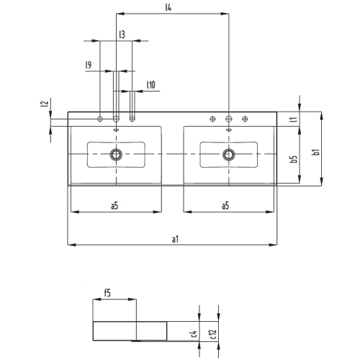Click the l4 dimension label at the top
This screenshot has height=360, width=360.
click(168, 8)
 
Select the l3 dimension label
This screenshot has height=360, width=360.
click(122, 35)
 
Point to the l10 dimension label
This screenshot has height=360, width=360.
click(150, 85)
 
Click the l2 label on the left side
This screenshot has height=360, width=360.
click(45, 105)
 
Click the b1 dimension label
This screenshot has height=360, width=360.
click(315, 152)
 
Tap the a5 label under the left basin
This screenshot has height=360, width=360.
click(114, 205)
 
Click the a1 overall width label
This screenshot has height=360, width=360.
click(175, 238)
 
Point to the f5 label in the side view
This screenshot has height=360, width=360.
click(107, 293)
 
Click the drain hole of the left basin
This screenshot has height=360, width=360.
click(116, 153)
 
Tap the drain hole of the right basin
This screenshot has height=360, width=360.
click(229, 153)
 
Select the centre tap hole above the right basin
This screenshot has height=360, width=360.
click(229, 118)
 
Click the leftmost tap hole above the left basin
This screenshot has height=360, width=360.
click(101, 118)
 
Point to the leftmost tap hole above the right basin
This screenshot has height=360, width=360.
click(212, 118)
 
